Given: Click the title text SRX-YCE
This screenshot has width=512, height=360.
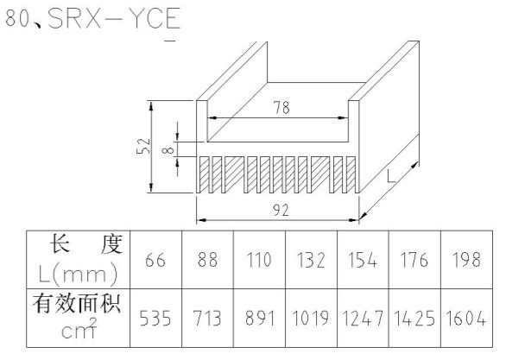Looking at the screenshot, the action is (114, 18).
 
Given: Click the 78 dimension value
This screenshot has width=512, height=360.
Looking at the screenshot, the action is (281, 107).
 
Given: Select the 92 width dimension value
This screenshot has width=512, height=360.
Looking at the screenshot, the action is (281, 210).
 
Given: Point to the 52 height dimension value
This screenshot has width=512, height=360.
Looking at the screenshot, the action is (143, 146).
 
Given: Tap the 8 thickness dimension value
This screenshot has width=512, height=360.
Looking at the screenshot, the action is (168, 150).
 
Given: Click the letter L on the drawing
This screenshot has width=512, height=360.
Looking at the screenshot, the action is (391, 176).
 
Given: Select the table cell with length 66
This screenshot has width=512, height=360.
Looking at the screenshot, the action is (155, 260).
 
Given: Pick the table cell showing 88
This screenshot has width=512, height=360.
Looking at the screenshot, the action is (207, 260).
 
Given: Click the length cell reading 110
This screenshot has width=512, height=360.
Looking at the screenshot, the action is (259, 260).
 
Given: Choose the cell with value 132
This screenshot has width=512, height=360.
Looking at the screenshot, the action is (311, 260).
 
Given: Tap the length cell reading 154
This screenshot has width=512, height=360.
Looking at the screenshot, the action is (363, 260).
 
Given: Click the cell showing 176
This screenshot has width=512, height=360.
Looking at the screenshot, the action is (414, 260).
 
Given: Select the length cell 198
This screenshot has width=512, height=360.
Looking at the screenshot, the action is (466, 260).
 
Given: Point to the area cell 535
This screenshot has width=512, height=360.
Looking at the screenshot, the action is (155, 319).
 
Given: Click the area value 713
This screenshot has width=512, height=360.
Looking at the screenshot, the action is (207, 319).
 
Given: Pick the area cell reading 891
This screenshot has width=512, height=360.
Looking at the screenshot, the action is (259, 319).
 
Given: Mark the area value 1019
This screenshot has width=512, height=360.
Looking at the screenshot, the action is (311, 319).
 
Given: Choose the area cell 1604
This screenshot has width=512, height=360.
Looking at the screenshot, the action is (466, 319).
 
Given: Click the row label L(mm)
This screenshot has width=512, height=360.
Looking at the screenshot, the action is (78, 274).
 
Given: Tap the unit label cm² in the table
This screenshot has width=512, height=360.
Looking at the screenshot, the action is (79, 329).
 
